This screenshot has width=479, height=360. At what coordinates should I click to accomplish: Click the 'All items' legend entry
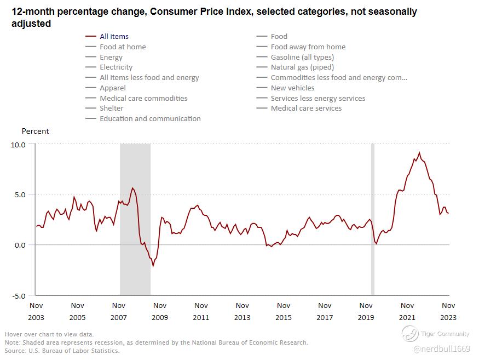point(114,37)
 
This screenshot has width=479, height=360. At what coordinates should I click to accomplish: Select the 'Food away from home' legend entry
point(308,47)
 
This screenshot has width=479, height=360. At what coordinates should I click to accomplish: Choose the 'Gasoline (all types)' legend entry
point(302,57)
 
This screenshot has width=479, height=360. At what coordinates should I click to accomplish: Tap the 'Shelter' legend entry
point(111,108)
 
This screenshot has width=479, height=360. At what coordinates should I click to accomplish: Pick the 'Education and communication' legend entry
point(150,119)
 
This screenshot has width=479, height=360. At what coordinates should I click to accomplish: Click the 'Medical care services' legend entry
point(306,108)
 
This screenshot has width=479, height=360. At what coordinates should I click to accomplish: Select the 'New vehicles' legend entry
point(292,88)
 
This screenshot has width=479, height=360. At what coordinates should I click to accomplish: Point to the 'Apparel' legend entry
point(112,88)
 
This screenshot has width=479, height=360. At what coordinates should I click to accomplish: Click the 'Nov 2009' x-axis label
point(160,311)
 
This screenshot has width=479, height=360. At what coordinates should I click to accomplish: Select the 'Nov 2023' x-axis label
point(448,311)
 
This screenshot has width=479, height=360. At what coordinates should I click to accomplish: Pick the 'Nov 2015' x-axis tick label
point(284,311)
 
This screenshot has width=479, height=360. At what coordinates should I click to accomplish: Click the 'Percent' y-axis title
point(35,132)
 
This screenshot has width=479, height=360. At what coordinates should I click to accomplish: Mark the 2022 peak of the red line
point(419,153)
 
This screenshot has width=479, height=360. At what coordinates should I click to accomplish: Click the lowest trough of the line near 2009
point(153,266)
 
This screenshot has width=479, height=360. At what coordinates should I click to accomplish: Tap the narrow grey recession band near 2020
point(373,219)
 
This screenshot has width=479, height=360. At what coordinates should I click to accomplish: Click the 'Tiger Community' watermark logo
point(409,333)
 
